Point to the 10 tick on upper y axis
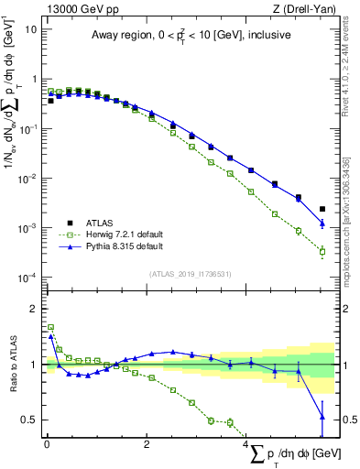tap(31, 29)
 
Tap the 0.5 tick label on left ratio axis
tap(29, 420)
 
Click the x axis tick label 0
tap(47, 444)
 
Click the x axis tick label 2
tap(147, 444)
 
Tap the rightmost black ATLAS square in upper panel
tap(322, 209)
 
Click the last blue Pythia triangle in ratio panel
tap(322, 417)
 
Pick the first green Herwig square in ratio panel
tap(50, 327)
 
